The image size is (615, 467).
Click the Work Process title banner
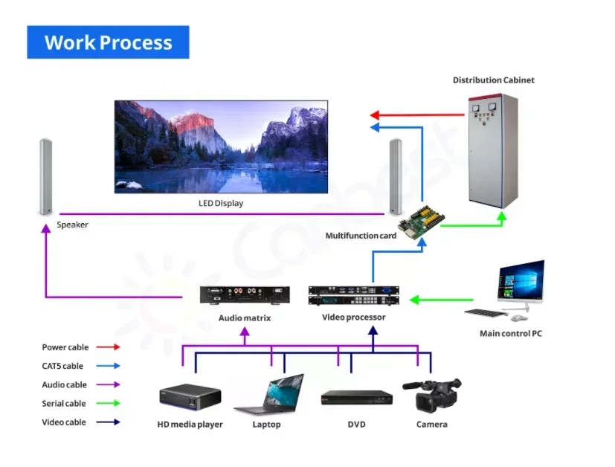(x=108, y=42)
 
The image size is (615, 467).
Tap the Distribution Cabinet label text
(x=493, y=80)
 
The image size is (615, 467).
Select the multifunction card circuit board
(x=420, y=219)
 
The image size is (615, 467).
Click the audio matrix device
(x=244, y=295)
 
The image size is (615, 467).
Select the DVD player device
(x=356, y=399)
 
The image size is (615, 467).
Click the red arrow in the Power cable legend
(x=108, y=347)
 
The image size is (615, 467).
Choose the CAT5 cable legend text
(x=62, y=366)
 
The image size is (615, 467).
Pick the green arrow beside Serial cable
(x=108, y=404)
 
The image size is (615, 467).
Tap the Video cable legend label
(x=64, y=422)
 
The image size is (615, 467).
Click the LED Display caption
(x=220, y=203)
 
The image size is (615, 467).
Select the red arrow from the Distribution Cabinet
(x=416, y=115)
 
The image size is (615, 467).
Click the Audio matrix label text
(x=244, y=318)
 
